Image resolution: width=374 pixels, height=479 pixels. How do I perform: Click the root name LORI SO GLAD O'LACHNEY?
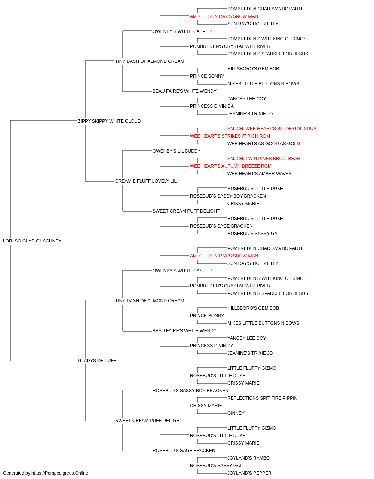[32, 241]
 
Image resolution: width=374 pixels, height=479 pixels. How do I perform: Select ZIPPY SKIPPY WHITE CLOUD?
[109, 121]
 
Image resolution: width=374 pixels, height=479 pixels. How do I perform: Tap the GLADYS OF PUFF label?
[97, 361]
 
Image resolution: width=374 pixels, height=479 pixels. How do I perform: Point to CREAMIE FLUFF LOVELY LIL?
[146, 181]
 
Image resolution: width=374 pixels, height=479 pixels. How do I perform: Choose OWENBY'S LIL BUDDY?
[177, 151]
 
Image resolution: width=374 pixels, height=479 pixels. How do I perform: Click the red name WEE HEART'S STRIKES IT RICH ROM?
[230, 136]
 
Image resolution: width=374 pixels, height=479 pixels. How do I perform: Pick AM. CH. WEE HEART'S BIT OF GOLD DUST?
[273, 128]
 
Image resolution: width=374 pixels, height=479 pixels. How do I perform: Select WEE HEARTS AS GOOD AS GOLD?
[263, 143]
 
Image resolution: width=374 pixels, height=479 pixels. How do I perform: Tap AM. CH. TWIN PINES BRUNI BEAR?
[264, 159]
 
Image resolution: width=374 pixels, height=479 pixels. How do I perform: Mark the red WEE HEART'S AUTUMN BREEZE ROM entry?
[231, 166]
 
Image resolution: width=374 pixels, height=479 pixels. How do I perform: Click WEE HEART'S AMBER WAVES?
[259, 174]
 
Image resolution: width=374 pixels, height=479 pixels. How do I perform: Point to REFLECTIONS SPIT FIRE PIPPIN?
[262, 398]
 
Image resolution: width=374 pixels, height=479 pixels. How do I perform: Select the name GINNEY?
[236, 413]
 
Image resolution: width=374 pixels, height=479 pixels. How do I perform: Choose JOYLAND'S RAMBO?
[248, 458]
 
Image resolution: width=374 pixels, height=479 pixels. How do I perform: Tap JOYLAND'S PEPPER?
[249, 473]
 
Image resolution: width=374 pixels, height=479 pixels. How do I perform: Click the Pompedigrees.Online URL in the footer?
[59, 473]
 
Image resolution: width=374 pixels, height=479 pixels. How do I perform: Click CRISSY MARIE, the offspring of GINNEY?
[206, 406]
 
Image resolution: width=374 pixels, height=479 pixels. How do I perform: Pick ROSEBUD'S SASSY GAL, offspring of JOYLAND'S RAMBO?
[216, 466]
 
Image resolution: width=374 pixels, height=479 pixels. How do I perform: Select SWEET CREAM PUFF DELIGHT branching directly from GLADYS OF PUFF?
[148, 421]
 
